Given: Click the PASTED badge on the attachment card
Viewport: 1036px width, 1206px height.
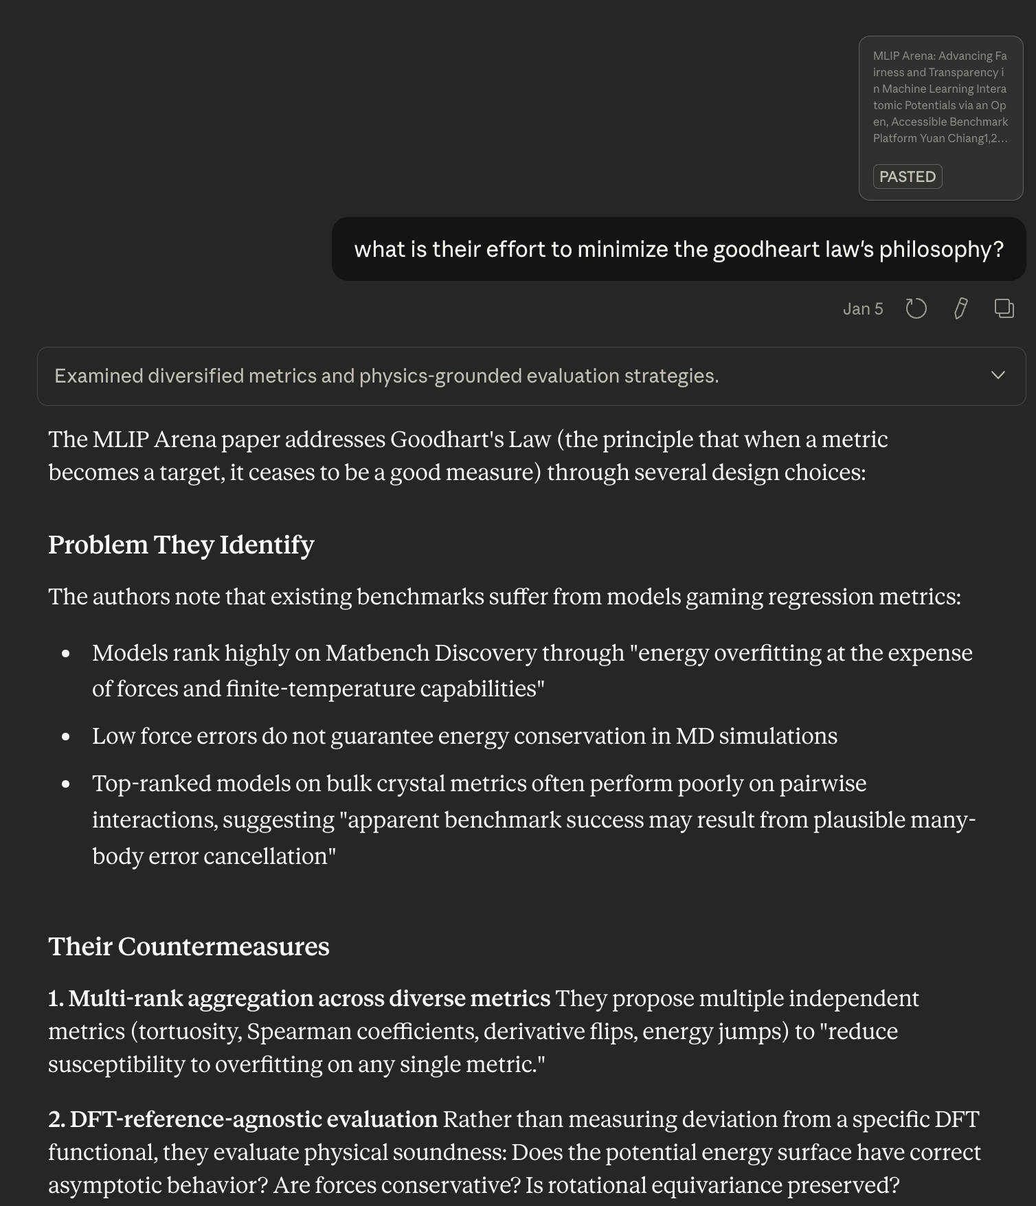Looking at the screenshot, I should (x=907, y=177).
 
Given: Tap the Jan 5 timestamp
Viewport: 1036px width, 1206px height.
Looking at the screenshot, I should (x=862, y=309).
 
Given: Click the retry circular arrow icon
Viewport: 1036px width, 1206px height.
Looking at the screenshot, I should (x=916, y=309).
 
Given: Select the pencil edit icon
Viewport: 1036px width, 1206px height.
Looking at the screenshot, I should (x=960, y=309).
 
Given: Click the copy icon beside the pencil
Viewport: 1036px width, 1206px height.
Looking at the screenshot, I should (x=1004, y=309).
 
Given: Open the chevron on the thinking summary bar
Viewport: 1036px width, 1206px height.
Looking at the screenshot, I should (x=998, y=375).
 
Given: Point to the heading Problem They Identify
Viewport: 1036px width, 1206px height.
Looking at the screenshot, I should (x=181, y=545).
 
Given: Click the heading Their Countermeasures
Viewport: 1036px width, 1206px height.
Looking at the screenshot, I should (x=188, y=946).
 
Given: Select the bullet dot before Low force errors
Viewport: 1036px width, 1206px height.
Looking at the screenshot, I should (x=66, y=737).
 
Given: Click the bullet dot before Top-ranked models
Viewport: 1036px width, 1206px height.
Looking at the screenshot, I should (x=66, y=784).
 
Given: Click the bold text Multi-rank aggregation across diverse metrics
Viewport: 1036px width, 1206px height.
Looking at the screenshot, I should (x=309, y=999).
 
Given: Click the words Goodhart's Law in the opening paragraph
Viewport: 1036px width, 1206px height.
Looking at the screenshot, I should (x=471, y=440).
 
